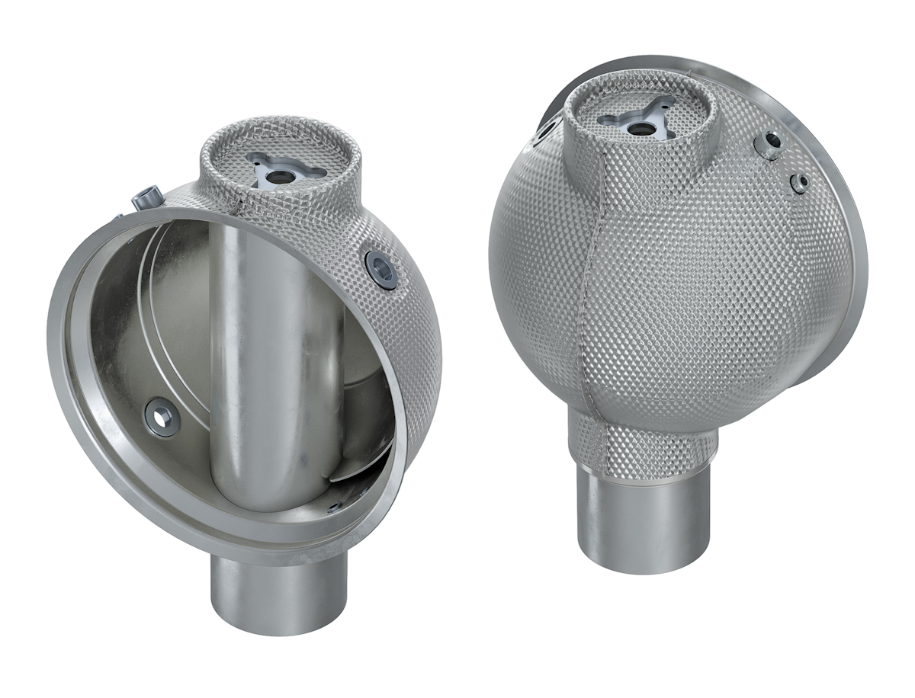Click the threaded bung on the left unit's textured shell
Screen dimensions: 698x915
tap(380, 268)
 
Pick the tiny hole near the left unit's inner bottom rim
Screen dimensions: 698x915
tap(334, 506)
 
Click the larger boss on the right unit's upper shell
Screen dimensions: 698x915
tap(769, 145)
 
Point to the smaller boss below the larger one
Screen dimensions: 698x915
tap(800, 183)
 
